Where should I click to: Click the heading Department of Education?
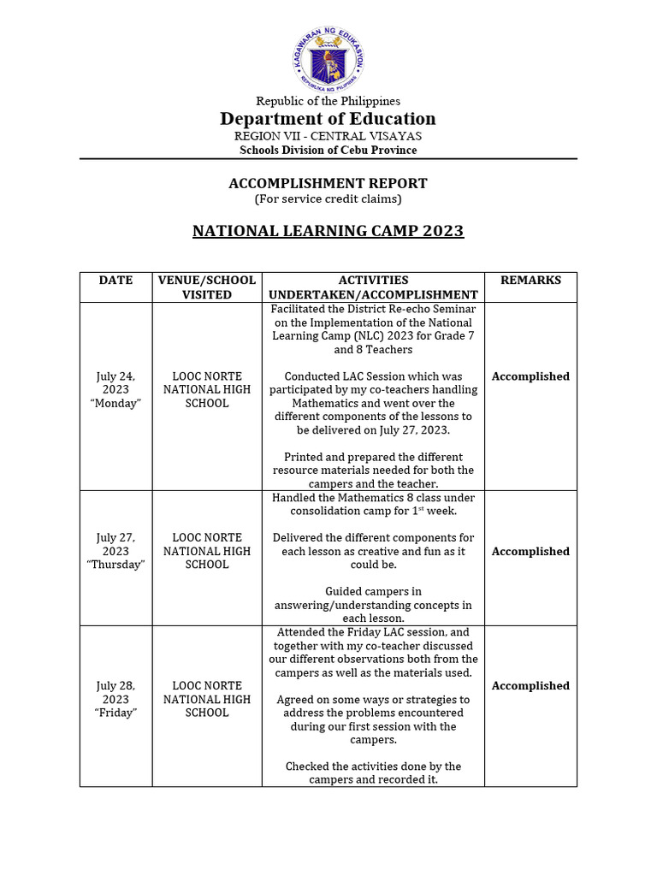click(328, 119)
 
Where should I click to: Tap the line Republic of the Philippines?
click(328, 101)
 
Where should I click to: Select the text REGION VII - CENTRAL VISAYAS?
click(328, 136)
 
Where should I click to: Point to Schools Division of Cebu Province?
click(328, 150)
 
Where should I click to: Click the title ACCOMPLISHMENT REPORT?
click(328, 183)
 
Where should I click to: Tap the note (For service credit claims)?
click(328, 198)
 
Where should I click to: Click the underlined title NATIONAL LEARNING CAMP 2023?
click(328, 231)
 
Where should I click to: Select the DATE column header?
click(115, 281)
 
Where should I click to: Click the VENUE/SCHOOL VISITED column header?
click(206, 287)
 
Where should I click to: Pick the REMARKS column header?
click(530, 281)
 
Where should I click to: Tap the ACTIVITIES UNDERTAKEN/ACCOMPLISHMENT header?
click(373, 287)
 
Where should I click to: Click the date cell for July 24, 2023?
click(115, 389)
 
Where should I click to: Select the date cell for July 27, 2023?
click(115, 551)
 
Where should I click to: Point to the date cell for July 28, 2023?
click(115, 699)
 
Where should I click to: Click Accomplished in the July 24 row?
click(530, 376)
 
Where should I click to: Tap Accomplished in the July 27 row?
click(530, 552)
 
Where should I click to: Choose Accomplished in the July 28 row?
click(530, 686)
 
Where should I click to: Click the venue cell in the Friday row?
click(206, 699)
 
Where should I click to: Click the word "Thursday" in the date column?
click(116, 565)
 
